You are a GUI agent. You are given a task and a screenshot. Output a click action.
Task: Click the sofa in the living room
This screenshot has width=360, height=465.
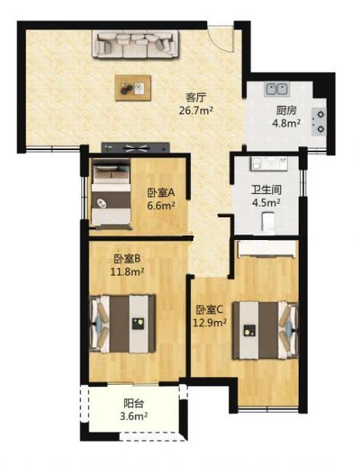[x=136, y=44]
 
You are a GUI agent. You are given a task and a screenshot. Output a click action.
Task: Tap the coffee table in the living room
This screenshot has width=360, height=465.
[x=133, y=88]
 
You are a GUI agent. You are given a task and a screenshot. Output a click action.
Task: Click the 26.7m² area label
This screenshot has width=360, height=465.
[x=196, y=111]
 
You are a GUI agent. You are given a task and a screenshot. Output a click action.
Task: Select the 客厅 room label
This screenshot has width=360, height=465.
[x=196, y=97]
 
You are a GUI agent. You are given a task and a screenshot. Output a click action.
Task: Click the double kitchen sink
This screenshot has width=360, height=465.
[x=277, y=89]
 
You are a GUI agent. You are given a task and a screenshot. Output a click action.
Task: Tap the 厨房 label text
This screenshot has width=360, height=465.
[x=286, y=111]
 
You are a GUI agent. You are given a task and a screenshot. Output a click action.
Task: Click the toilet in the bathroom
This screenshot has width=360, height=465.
[x=268, y=222]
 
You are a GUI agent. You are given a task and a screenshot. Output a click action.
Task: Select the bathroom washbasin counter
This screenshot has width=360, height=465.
[x=269, y=164]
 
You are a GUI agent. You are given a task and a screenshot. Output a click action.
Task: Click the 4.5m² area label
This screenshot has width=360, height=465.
[x=266, y=203]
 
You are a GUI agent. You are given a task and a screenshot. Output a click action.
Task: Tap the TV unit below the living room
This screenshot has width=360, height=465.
[x=136, y=148]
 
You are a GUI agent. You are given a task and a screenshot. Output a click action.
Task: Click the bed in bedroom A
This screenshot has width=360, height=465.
[x=111, y=194]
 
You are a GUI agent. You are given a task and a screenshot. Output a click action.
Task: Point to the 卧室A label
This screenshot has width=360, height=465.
[x=161, y=193]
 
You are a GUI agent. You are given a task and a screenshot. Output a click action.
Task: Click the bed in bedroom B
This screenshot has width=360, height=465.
[x=122, y=324]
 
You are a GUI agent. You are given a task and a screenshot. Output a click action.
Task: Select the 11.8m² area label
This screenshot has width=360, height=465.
[x=127, y=272]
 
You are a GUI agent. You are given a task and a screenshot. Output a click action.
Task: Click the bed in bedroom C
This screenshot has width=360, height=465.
[x=265, y=330]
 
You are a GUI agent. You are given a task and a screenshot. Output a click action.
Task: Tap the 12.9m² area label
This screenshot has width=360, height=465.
[x=210, y=323]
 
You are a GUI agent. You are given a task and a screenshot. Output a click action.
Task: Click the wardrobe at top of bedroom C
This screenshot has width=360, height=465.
[x=267, y=248]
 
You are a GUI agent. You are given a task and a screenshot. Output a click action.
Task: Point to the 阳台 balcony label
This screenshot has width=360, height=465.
[x=134, y=404]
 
